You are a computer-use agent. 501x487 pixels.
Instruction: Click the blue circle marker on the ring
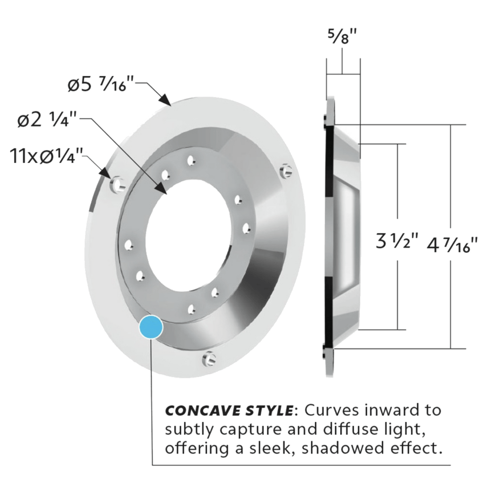[151, 327]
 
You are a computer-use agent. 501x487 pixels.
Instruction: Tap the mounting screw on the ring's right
[287, 170]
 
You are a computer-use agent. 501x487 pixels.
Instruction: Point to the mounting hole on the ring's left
[118, 184]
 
